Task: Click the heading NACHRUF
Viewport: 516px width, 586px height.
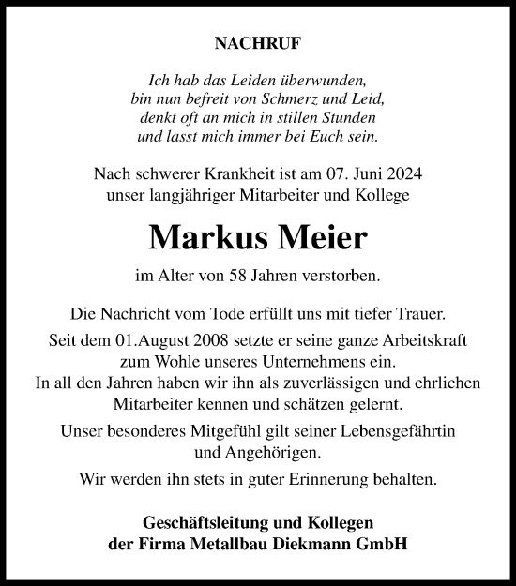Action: point(257,42)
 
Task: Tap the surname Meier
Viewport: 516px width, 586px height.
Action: point(320,237)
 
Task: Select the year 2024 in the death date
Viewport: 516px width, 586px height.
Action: point(402,173)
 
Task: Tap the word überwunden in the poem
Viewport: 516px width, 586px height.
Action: point(327,81)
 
